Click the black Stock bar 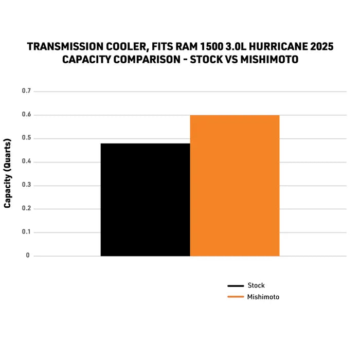point(145,200)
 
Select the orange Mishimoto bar point(235,185)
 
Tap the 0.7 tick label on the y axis point(26,91)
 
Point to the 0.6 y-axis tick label point(26,115)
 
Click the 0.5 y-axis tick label point(26,138)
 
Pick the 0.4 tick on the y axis point(26,162)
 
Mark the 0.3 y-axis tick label point(26,185)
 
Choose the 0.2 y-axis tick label point(26,209)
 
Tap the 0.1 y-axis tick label point(26,232)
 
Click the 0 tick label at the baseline point(28,256)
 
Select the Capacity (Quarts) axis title point(8,173)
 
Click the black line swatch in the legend point(235,286)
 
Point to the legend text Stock point(256,285)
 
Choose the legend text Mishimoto point(263,297)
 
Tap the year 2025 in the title point(321,47)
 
